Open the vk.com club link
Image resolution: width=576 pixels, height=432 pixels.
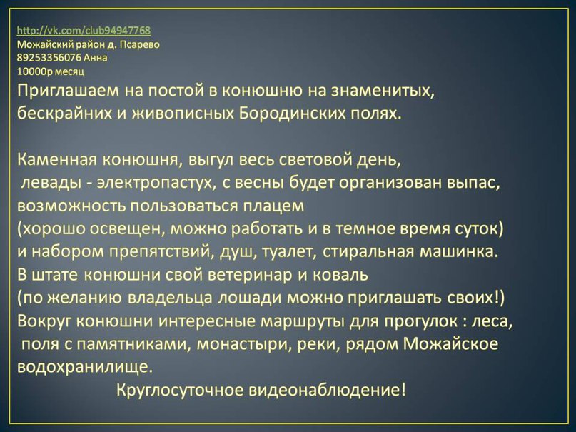point(84,31)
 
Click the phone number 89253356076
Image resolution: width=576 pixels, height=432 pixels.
point(49,58)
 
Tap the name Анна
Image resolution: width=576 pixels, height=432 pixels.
point(96,58)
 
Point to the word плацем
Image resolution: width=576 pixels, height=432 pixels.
point(274,206)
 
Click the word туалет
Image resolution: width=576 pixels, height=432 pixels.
point(286,251)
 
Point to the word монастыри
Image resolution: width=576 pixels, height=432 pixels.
point(244,345)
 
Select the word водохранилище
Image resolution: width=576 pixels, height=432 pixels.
point(85,367)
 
